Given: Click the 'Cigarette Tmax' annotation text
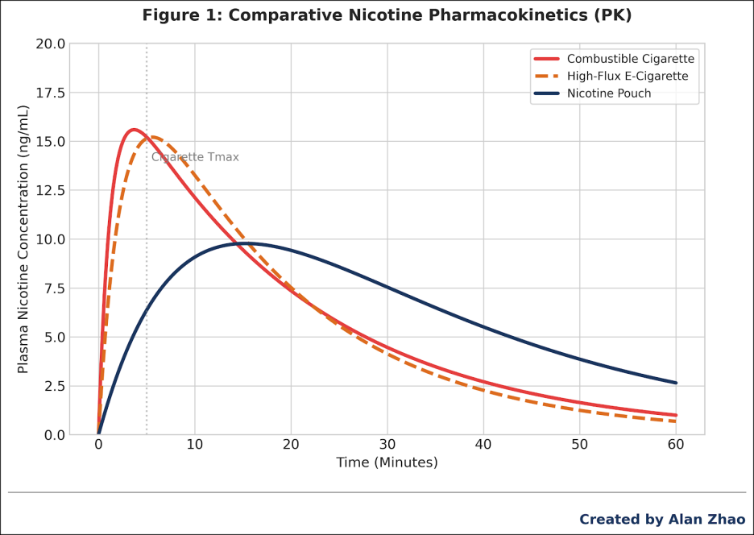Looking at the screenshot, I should click(196, 157).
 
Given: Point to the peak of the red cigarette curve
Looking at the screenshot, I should click(133, 130).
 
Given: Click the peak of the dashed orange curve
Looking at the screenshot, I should click(153, 137).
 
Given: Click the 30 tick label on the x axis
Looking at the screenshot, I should click(387, 444).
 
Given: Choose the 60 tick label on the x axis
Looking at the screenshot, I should click(676, 444).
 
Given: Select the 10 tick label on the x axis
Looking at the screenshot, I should click(195, 444).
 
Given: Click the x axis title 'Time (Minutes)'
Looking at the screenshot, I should click(387, 462).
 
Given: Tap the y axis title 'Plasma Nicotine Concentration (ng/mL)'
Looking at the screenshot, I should click(23, 239).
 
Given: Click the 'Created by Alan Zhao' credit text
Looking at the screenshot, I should click(662, 520).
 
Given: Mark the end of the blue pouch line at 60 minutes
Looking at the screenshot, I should click(676, 383).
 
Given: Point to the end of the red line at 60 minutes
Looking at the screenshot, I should click(676, 415).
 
